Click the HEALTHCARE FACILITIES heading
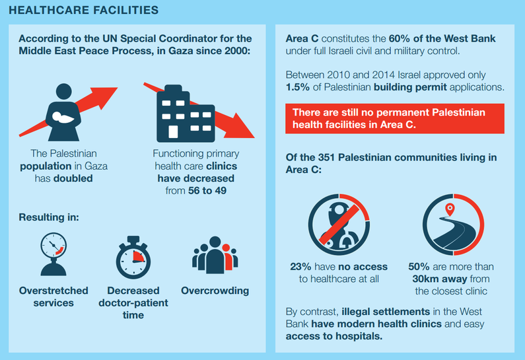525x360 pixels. (x=84, y=10)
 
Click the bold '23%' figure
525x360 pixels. (x=301, y=267)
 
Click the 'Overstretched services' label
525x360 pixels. (x=46, y=297)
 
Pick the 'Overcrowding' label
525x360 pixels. (x=215, y=291)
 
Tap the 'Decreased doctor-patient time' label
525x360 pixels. (x=133, y=303)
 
